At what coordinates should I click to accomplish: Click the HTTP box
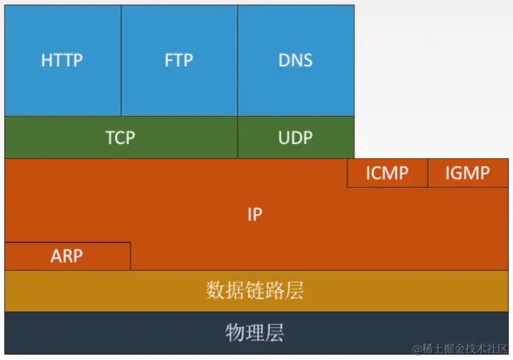pyautogui.click(x=63, y=60)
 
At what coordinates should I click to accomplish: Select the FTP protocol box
pyautogui.click(x=179, y=60)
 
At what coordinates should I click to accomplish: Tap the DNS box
pyautogui.click(x=296, y=60)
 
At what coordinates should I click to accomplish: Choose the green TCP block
pyautogui.click(x=120, y=138)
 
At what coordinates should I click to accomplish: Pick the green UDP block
pyautogui.click(x=296, y=138)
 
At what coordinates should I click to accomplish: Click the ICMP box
pyautogui.click(x=387, y=173)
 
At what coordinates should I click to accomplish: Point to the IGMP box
pyautogui.click(x=468, y=173)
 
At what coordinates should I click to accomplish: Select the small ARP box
pyautogui.click(x=67, y=256)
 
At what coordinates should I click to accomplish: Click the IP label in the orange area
pyautogui.click(x=254, y=214)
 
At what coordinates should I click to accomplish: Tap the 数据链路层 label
pyautogui.click(x=254, y=291)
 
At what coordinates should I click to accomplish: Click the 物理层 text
pyautogui.click(x=254, y=333)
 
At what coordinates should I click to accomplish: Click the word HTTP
pyautogui.click(x=63, y=60)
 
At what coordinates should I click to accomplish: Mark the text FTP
pyautogui.click(x=179, y=60)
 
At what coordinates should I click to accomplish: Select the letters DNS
pyautogui.click(x=296, y=60)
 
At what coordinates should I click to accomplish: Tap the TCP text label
pyautogui.click(x=120, y=138)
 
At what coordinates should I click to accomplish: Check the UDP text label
pyautogui.click(x=296, y=138)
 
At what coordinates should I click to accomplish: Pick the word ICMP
pyautogui.click(x=387, y=173)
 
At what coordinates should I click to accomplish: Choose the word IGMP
pyautogui.click(x=468, y=173)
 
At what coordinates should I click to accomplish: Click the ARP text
pyautogui.click(x=67, y=256)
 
